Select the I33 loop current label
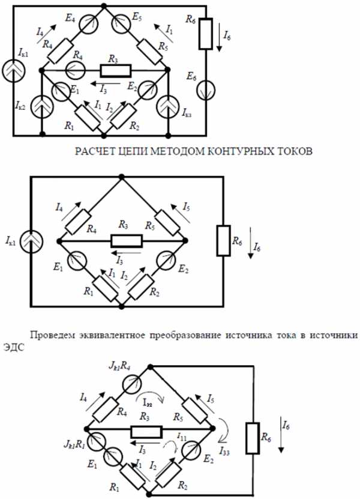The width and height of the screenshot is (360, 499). (x=227, y=450)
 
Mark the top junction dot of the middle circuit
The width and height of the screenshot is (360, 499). (x=122, y=177)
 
